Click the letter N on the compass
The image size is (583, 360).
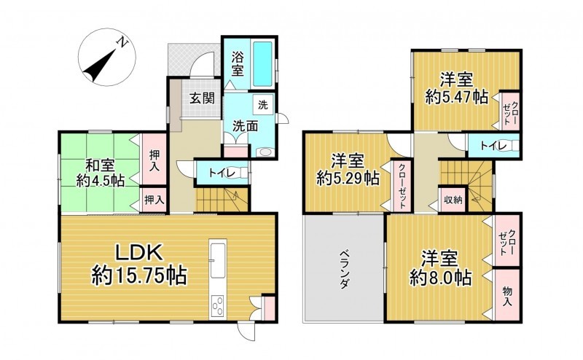[122, 42]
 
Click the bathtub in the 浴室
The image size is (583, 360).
[262, 63]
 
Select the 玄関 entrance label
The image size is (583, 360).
[203, 98]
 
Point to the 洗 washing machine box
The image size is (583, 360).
[263, 105]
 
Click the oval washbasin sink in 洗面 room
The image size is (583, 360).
[265, 152]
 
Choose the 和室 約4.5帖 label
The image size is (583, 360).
[101, 173]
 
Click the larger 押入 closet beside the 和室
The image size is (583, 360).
[154, 159]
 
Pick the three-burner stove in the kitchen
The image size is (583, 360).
[218, 305]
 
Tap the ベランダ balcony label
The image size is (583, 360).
[344, 269]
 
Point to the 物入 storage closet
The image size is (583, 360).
[506, 295]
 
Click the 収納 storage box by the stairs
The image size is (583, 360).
[453, 200]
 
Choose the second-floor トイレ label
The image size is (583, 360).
[493, 146]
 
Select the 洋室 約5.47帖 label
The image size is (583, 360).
[457, 88]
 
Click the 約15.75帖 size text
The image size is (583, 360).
[139, 276]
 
